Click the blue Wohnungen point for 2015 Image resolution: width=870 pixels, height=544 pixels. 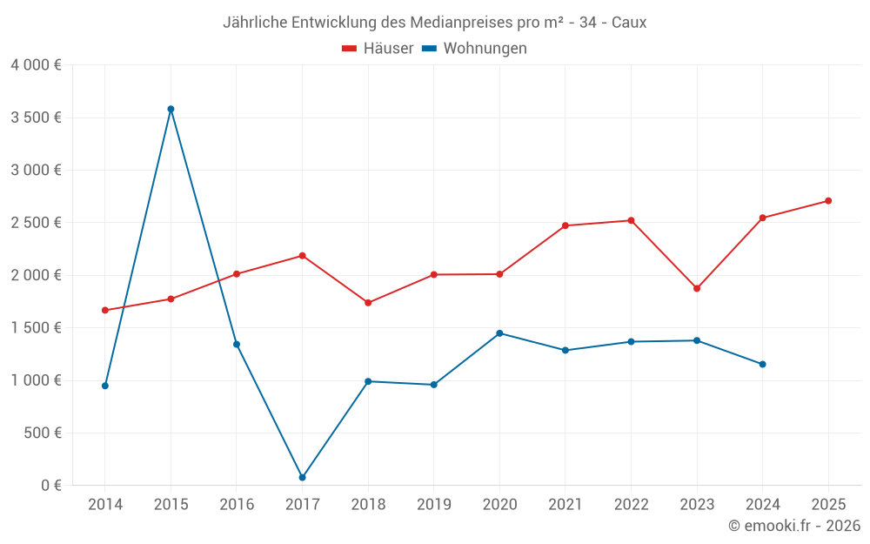tap(171, 109)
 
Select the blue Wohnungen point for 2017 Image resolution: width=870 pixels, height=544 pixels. tap(302, 477)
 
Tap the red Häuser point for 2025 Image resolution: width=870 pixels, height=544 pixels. tap(828, 201)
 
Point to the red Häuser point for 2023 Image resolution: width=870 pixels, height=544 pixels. tap(697, 288)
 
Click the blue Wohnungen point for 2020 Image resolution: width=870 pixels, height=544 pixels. tap(499, 333)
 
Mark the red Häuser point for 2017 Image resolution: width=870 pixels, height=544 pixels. tap(302, 256)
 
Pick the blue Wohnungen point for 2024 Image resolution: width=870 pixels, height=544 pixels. tap(763, 364)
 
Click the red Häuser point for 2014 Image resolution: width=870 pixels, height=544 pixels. tap(105, 310)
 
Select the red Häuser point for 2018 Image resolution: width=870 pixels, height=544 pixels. tap(368, 303)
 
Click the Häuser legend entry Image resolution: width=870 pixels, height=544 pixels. tap(378, 49)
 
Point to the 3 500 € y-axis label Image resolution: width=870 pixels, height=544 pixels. tap(36, 118)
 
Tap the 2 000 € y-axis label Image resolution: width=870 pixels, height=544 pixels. tap(36, 275)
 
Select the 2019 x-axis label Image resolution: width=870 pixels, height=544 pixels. tap(433, 505)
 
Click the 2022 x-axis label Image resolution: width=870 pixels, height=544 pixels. tap(631, 505)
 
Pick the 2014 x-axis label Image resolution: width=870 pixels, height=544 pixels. tap(105, 505)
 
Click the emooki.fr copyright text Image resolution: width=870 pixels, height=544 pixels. tap(793, 526)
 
